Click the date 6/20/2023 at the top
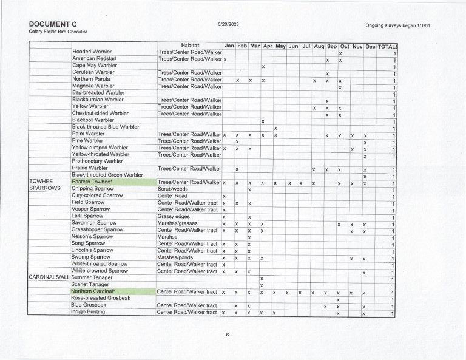[x=228, y=24]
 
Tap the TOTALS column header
[x=388, y=46]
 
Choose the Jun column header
[x=293, y=46]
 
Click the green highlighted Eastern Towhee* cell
[x=113, y=182]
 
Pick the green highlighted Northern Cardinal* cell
[x=113, y=291]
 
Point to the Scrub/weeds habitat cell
[x=172, y=189]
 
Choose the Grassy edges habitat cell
[x=174, y=216]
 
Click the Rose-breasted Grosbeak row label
[x=101, y=298]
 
